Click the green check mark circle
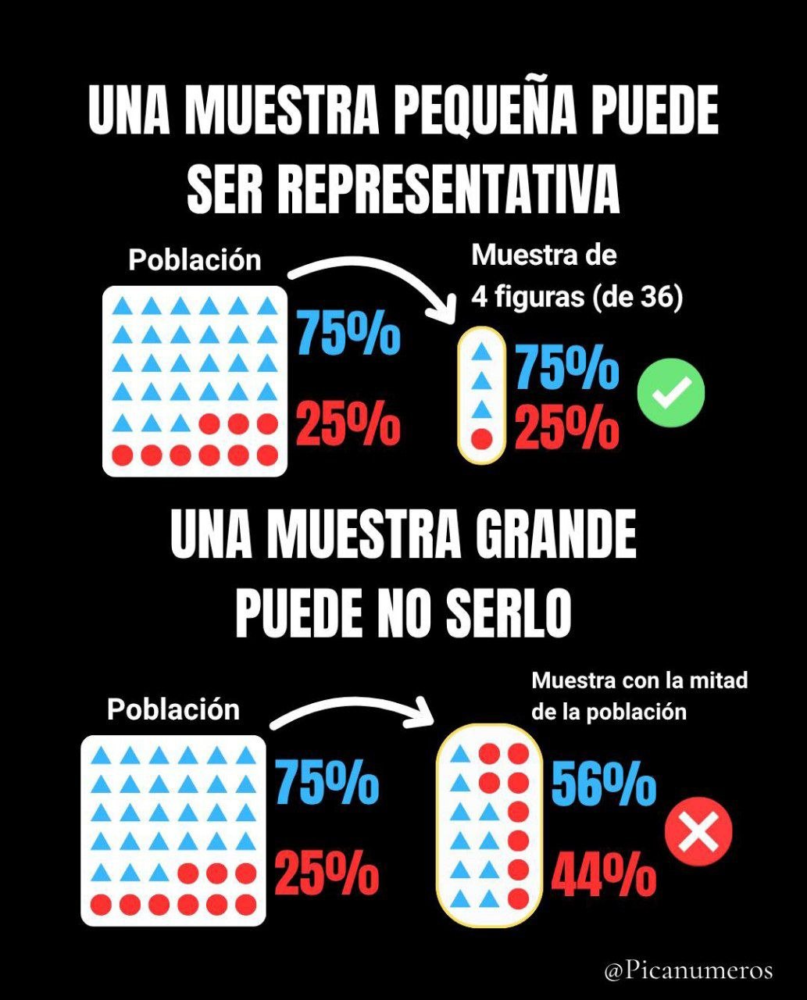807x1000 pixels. [x=671, y=392]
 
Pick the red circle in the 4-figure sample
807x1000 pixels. [x=482, y=439]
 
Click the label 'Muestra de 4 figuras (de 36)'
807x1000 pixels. [x=577, y=277]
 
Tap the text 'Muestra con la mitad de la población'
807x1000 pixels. [x=639, y=696]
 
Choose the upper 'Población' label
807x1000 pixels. [x=195, y=261]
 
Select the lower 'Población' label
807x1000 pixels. [x=173, y=709]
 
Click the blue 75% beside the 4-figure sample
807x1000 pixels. [x=567, y=367]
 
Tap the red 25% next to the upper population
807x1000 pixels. [x=348, y=422]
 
